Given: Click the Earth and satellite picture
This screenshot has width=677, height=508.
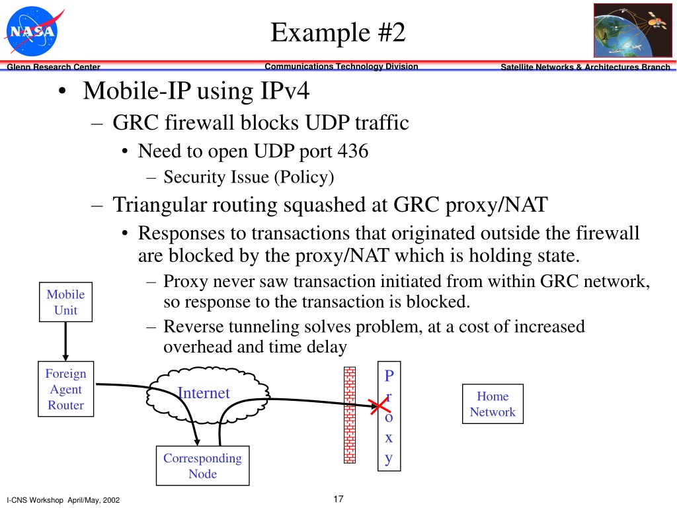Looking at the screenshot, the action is pos(633,30).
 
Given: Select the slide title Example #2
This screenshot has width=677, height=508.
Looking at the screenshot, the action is pos(338,32).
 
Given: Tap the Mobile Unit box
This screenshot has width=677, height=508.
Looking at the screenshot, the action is pos(65,302).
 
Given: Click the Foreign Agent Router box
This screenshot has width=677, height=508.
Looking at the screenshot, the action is pos(65,389).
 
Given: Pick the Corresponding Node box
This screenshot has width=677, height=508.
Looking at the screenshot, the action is pos(202,466).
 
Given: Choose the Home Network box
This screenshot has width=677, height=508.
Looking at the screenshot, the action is pos(493,404).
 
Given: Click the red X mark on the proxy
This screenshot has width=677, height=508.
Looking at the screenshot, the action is pos(380,406).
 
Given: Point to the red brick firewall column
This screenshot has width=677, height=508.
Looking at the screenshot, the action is pos(350,415).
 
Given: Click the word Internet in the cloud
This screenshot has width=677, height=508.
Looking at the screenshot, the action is pos(204,393).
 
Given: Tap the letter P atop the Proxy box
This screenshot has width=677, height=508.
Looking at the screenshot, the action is pos(389,376).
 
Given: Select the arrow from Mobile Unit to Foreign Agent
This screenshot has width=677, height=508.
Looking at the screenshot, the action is pos(65,341).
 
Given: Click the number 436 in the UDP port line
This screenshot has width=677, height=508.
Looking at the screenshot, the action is pos(353,151).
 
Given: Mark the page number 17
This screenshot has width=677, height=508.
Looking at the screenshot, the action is pos(338,499).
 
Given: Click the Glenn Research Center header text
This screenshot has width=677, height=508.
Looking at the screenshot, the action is pos(54,67).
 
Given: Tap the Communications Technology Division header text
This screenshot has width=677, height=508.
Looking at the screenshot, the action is pos(341,67).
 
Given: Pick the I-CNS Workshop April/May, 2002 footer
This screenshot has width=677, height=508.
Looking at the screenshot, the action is pos(63,500).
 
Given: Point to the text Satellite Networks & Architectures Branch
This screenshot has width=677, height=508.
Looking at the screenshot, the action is pos(586,67).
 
